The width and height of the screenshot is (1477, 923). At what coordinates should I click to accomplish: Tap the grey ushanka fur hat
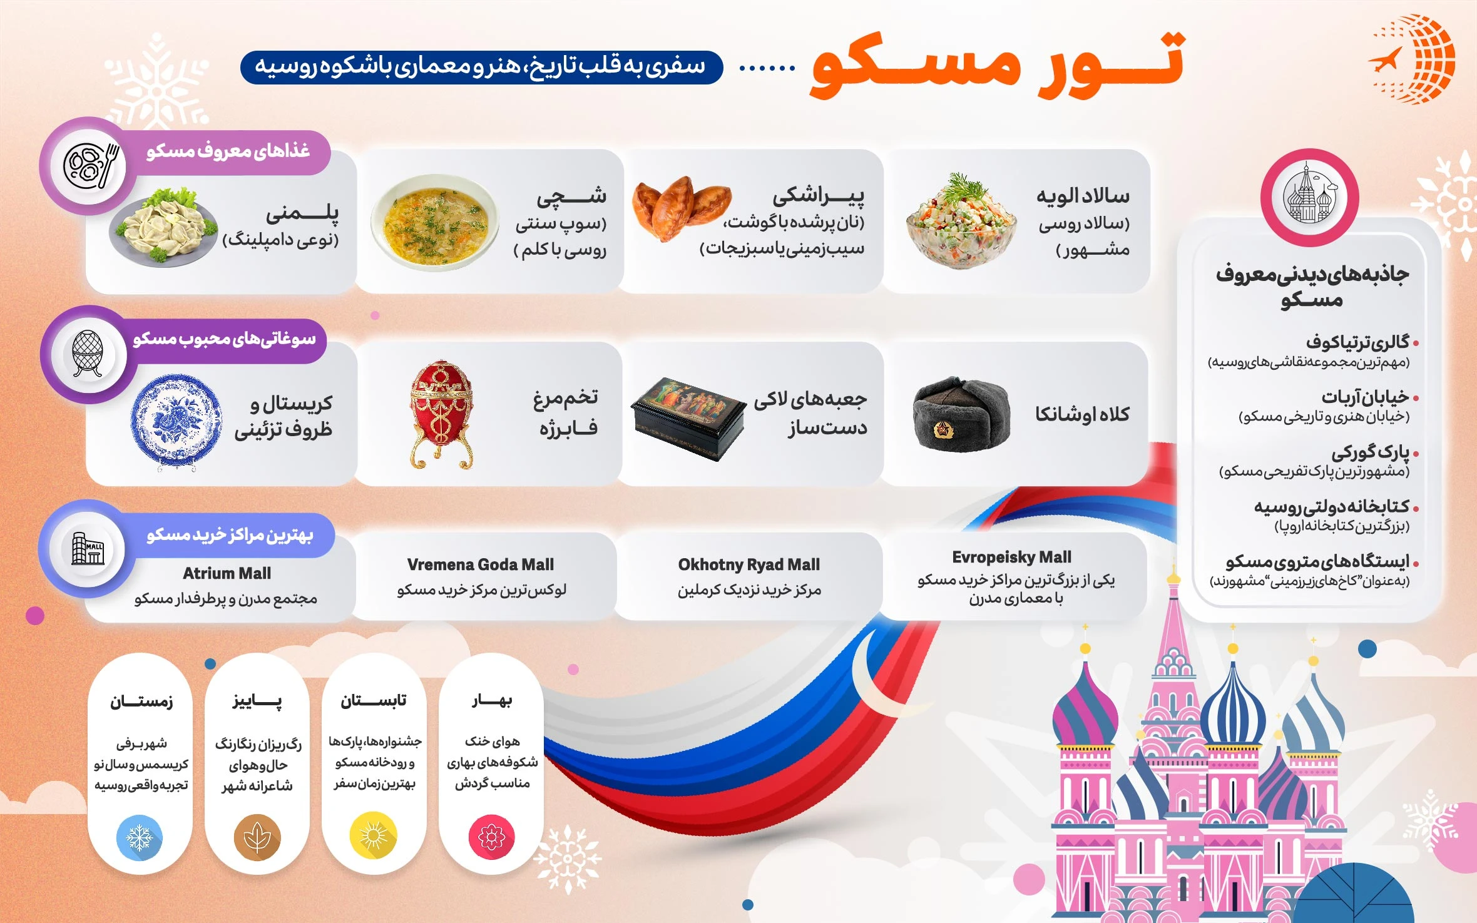pyautogui.click(x=961, y=413)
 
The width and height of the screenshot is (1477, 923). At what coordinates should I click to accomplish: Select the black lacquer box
pyautogui.click(x=688, y=418)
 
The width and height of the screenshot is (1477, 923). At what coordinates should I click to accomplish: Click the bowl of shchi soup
pyautogui.click(x=434, y=222)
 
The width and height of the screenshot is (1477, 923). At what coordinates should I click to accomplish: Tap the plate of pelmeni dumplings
pyautogui.click(x=163, y=227)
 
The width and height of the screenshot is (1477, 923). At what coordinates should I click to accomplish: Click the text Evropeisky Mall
pyautogui.click(x=1011, y=557)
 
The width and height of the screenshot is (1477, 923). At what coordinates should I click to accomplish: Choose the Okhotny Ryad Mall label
pyautogui.click(x=749, y=564)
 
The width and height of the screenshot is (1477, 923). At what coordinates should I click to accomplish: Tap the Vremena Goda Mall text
pyautogui.click(x=480, y=564)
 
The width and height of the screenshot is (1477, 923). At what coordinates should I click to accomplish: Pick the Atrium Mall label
pyautogui.click(x=227, y=573)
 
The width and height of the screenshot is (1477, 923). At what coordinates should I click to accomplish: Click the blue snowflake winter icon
pyautogui.click(x=140, y=837)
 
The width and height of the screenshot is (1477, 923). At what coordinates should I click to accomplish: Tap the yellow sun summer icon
pyautogui.click(x=374, y=836)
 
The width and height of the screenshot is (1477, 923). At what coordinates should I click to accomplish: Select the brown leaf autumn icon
pyautogui.click(x=257, y=837)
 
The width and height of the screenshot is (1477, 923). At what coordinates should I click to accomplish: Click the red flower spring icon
pyautogui.click(x=492, y=837)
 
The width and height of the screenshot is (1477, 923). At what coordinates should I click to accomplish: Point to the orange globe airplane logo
pyautogui.click(x=1413, y=59)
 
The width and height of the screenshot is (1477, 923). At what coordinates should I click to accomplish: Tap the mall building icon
pyautogui.click(x=88, y=548)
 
